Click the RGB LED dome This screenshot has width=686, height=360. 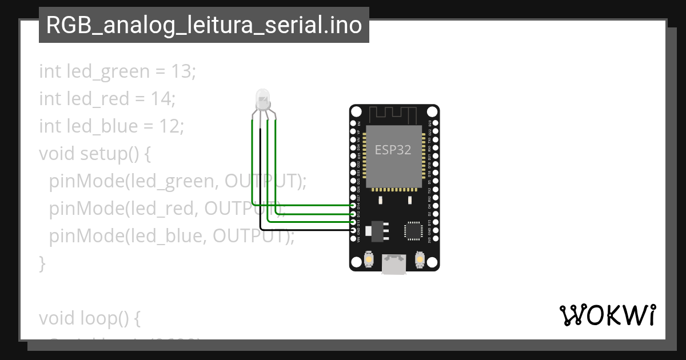pos(262,99)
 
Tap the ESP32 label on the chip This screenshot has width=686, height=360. pos(393,150)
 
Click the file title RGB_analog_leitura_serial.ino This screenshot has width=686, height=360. pos(204,25)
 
